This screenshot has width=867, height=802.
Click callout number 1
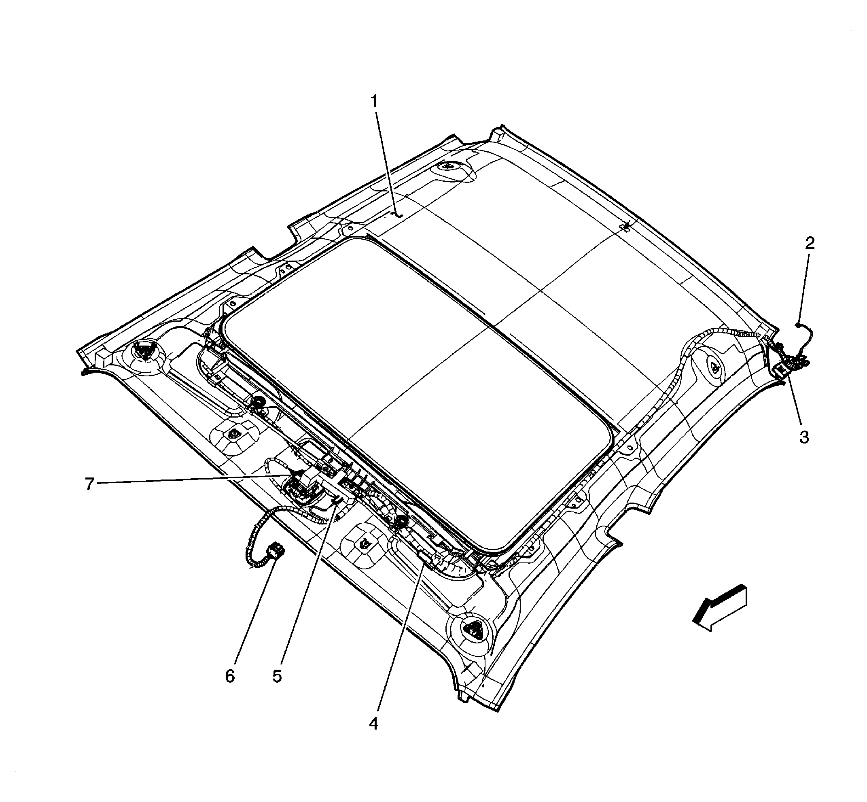click(373, 102)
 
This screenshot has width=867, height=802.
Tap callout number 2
click(810, 244)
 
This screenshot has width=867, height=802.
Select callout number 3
click(804, 437)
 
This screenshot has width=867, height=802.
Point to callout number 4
click(373, 723)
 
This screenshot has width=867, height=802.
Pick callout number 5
click(277, 676)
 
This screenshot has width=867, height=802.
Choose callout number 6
click(229, 676)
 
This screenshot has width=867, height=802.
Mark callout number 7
click(89, 484)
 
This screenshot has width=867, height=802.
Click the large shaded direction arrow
click(720, 608)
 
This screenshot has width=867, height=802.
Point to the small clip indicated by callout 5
click(337, 502)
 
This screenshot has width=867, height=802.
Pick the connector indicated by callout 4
click(424, 556)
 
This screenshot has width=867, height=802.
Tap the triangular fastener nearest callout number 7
click(234, 433)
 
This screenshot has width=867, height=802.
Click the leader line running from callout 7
click(195, 480)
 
